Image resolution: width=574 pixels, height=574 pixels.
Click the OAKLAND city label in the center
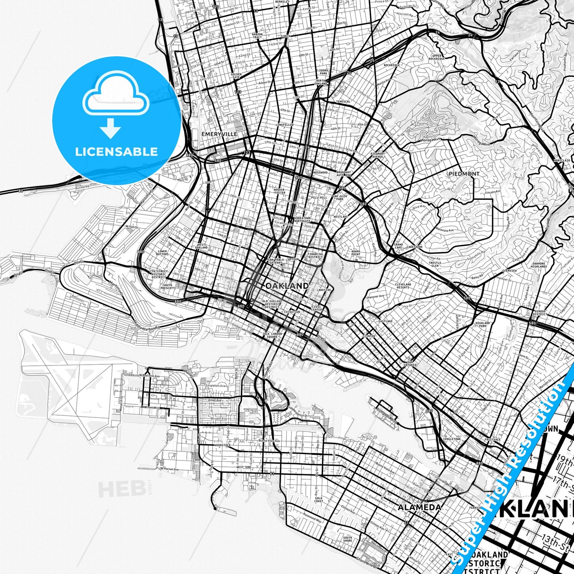click(287, 286)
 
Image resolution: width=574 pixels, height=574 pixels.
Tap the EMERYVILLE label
click(219, 134)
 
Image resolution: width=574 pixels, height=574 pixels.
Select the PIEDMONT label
click(464, 174)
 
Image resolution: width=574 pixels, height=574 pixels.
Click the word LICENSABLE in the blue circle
click(116, 151)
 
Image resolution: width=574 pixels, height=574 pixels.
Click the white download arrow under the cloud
click(110, 128)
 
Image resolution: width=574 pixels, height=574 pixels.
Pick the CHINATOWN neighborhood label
click(292, 312)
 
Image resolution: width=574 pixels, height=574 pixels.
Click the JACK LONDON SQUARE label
click(273, 335)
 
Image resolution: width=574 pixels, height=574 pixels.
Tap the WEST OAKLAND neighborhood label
click(201, 246)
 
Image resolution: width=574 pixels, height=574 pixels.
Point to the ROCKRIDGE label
click(392, 65)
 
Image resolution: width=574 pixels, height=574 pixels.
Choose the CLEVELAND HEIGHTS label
click(403, 286)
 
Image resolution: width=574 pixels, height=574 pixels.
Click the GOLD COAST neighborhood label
click(319, 500)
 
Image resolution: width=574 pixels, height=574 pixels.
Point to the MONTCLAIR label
click(562, 160)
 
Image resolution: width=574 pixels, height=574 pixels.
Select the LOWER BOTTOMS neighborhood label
click(162, 253)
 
